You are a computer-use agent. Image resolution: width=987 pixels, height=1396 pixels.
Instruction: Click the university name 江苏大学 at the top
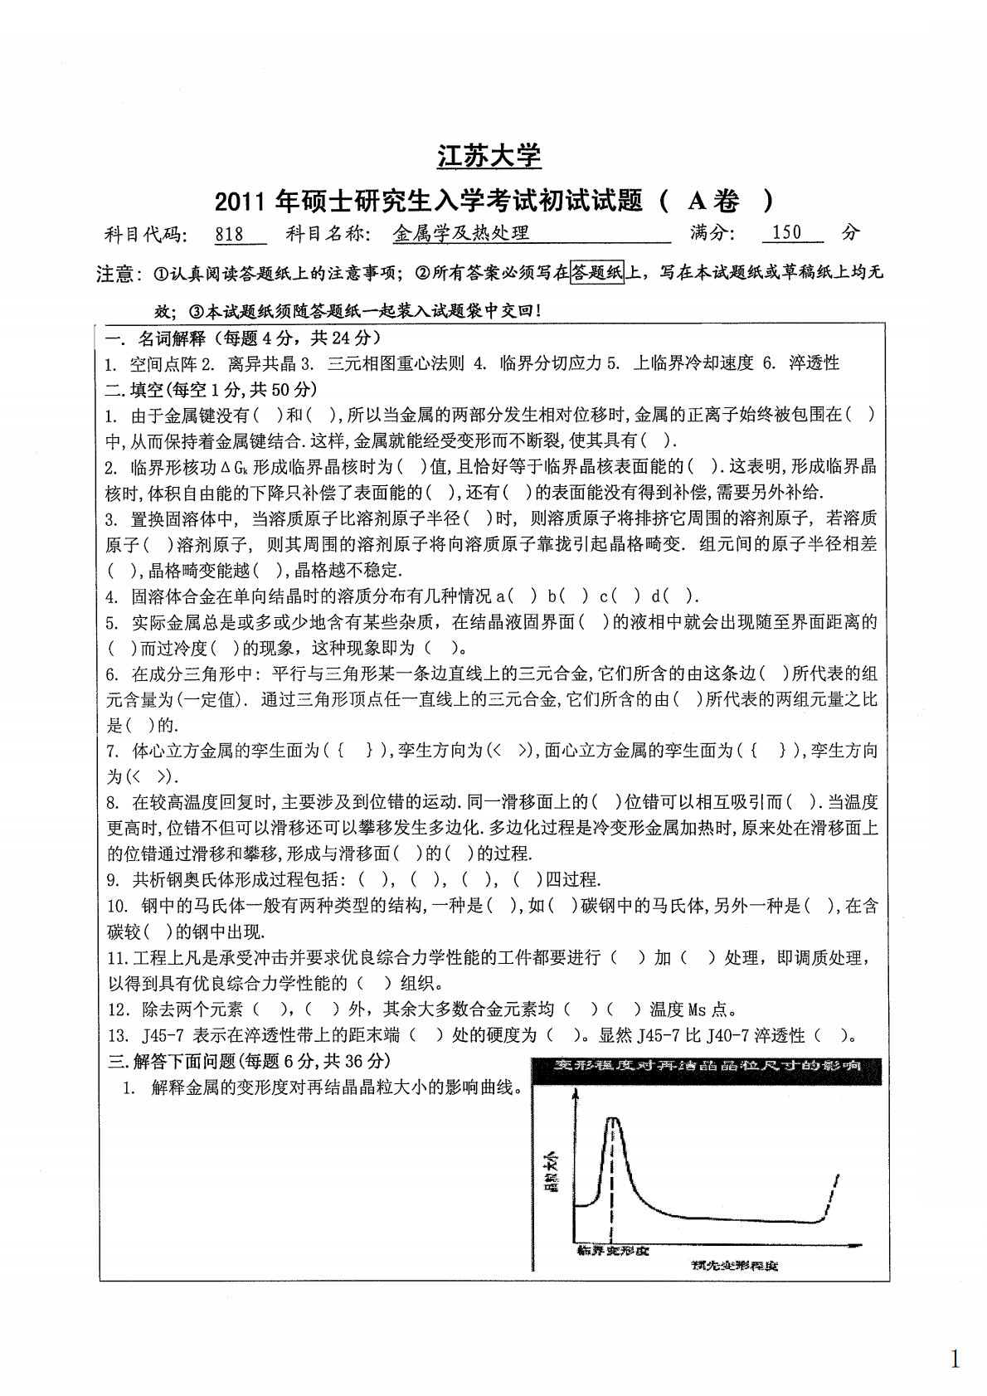pos(489,155)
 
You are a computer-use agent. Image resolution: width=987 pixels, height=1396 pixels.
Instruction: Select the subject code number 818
pos(229,234)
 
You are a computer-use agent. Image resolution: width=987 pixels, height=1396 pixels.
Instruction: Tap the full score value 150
pos(786,232)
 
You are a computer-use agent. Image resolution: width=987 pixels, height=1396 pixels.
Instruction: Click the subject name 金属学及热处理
pos(460,233)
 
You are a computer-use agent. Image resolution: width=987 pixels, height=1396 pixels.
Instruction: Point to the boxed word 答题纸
pos(597,272)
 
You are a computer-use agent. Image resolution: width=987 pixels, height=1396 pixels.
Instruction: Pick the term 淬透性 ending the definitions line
pos(814,362)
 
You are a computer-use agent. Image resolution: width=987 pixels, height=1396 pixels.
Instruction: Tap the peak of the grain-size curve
pos(613,1119)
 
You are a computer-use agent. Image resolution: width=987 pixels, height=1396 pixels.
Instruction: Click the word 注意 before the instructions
pos(115,273)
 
